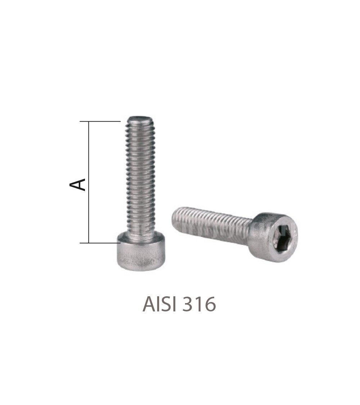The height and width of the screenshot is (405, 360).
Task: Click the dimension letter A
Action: pyautogui.click(x=77, y=184)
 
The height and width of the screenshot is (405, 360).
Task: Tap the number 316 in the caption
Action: pyautogui.click(x=201, y=304)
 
